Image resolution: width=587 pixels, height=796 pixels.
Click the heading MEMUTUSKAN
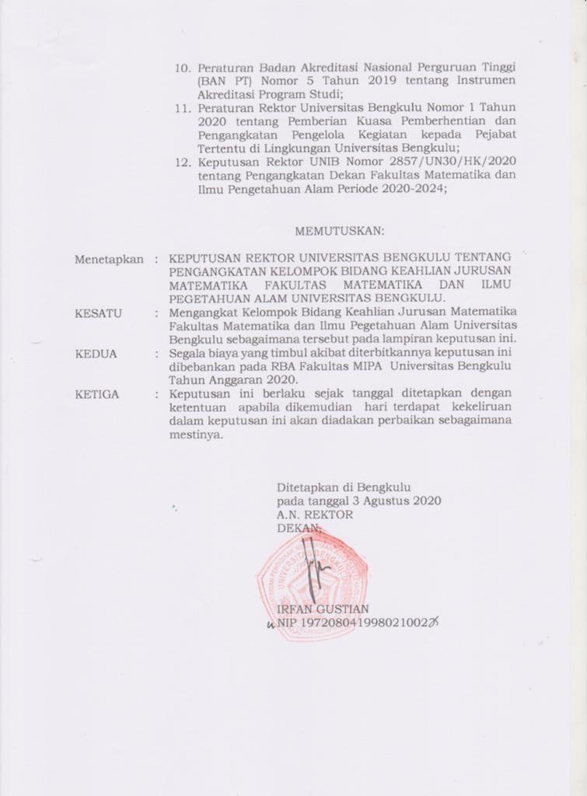point(340,231)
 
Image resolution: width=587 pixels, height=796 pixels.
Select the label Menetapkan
point(109,260)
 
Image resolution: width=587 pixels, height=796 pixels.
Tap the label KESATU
point(98,312)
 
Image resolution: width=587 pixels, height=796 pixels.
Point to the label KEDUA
point(96,354)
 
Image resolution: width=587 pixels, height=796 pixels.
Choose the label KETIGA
point(97,394)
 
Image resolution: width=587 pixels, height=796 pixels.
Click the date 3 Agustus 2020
point(397,501)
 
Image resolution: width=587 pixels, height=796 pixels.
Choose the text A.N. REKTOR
point(314,515)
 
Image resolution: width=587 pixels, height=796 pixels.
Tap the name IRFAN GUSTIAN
point(323,609)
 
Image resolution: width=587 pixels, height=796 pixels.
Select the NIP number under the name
point(366,623)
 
